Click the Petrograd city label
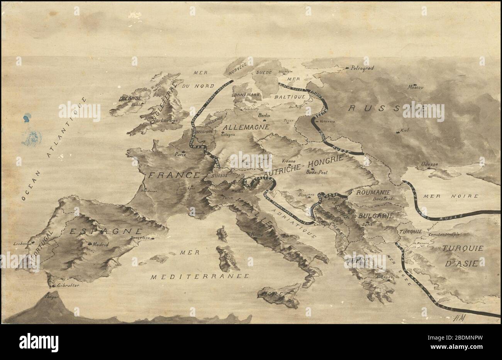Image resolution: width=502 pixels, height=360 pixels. tap(362, 68)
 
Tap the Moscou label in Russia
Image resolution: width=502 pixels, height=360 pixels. tap(416, 87)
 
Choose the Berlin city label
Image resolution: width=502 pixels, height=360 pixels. tap(265, 115)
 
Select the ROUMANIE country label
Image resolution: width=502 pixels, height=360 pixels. tap(373, 192)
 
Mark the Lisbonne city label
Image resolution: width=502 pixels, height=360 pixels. tap(20, 244)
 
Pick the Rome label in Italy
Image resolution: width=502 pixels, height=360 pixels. tap(257, 234)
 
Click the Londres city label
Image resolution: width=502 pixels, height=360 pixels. tap(170, 120)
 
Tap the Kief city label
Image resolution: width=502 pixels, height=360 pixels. tap(405, 130)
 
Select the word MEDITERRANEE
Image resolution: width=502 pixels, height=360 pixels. tap(200, 276)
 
